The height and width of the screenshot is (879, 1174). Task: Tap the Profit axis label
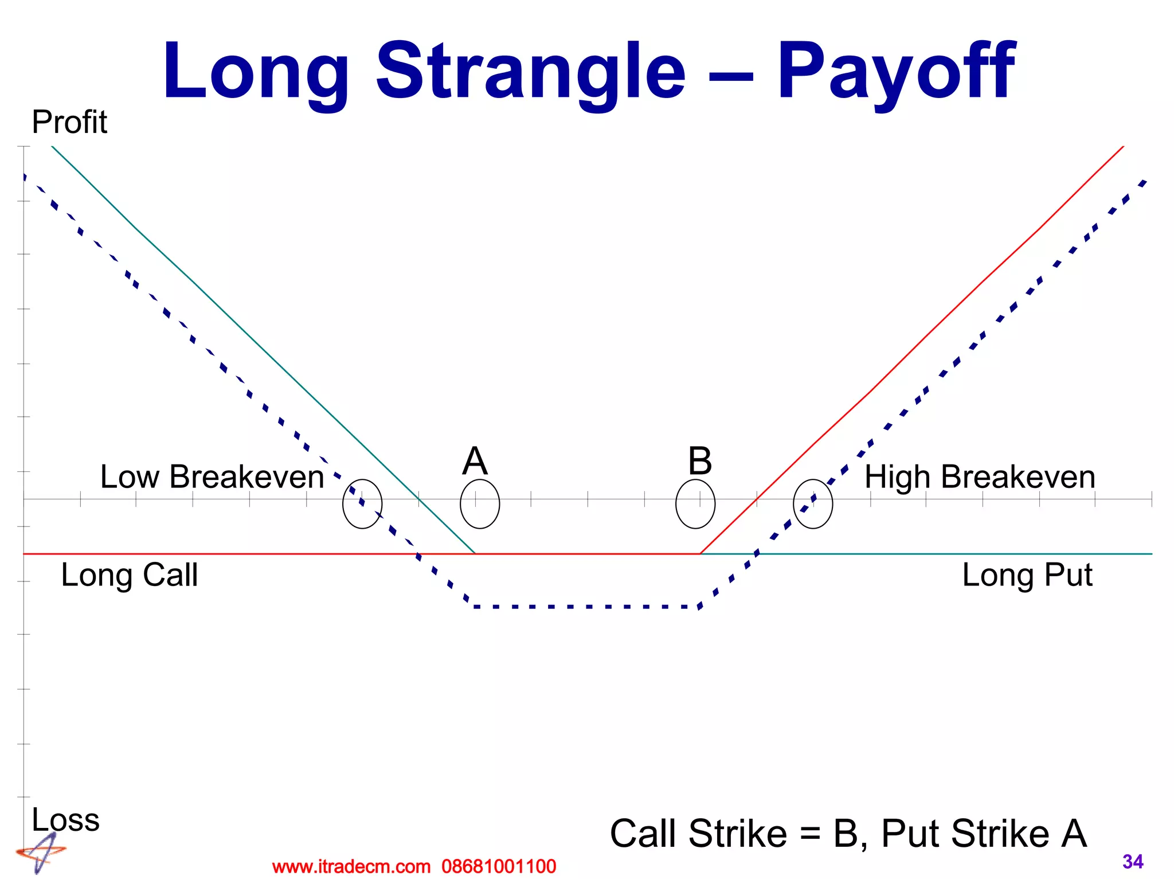point(69,122)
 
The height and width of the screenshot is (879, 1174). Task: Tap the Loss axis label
point(65,819)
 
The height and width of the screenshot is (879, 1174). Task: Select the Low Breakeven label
point(212,476)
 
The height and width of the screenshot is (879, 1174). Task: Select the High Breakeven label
point(980,476)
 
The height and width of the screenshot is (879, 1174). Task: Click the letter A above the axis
point(475,461)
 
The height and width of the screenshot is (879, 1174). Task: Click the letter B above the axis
point(700,461)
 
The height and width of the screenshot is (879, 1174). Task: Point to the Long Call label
point(130,575)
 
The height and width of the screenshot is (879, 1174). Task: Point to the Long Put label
point(1027,575)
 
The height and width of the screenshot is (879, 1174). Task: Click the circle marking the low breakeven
point(362,504)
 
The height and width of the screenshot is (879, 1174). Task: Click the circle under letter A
point(480,504)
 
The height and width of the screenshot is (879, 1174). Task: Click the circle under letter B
point(695,504)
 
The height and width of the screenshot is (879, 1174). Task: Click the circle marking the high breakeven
point(813,504)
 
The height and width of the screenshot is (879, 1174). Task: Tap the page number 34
point(1133,861)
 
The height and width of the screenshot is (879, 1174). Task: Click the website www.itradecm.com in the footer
point(351,866)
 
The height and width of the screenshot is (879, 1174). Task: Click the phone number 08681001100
point(499,866)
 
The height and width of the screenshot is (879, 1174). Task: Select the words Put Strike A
point(984,833)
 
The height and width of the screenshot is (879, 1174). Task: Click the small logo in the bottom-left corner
point(40,853)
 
